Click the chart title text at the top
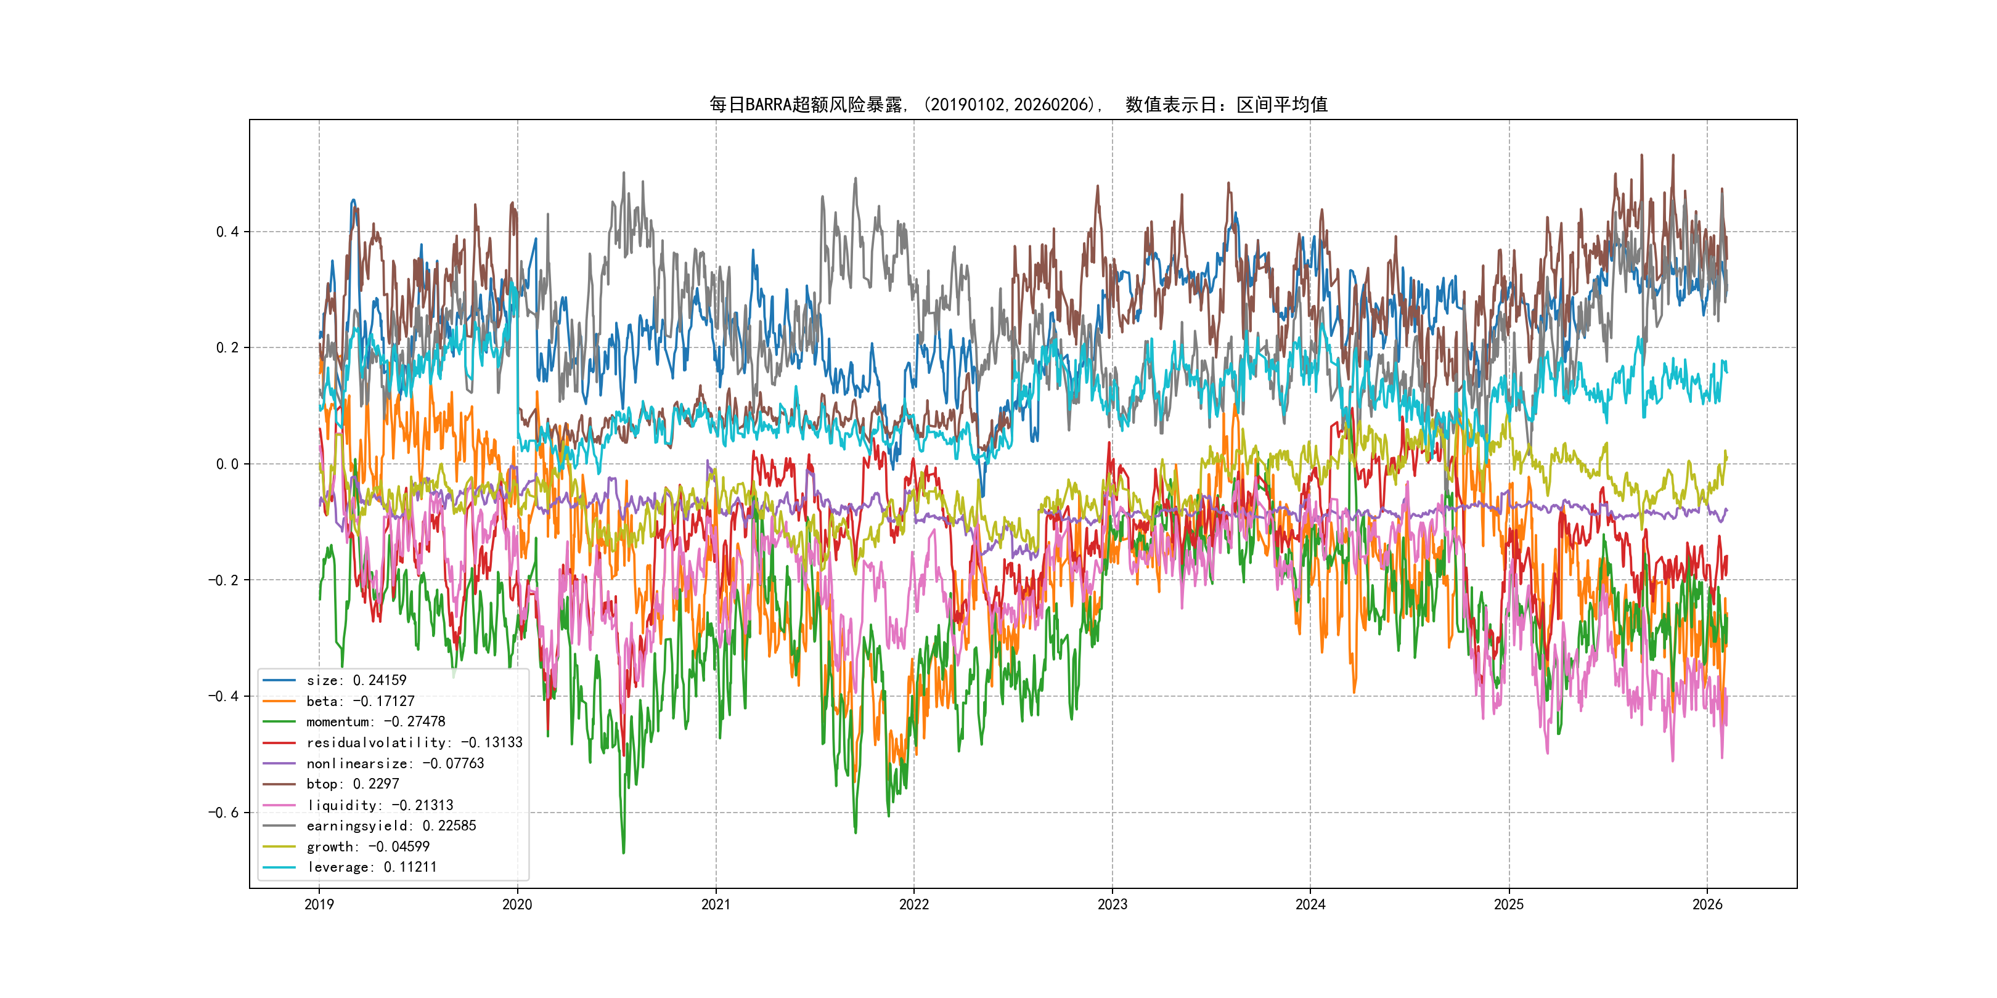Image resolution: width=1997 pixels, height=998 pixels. tap(1018, 105)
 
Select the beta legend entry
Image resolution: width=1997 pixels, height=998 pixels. tap(360, 701)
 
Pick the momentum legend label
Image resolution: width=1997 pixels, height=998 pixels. tap(375, 722)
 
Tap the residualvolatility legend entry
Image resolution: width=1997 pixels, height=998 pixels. tap(414, 743)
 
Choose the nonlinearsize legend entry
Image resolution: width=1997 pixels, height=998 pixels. tap(394, 764)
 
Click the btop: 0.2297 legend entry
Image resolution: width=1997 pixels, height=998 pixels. tap(352, 784)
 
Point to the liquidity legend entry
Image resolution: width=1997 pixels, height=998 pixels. tap(379, 806)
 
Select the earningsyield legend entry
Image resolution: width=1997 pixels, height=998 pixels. tap(391, 826)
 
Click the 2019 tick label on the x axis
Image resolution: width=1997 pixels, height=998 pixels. tap(319, 904)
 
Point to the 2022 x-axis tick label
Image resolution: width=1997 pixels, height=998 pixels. tap(913, 904)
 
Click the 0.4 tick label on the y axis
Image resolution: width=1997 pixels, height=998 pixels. tap(227, 232)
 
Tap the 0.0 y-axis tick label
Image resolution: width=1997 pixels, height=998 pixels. tap(227, 464)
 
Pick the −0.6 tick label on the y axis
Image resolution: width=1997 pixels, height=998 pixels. tap(223, 813)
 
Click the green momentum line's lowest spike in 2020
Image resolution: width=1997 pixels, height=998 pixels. tap(623, 853)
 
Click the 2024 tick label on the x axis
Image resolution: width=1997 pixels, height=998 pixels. tap(1310, 904)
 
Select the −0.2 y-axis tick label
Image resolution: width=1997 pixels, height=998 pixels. tap(223, 580)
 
